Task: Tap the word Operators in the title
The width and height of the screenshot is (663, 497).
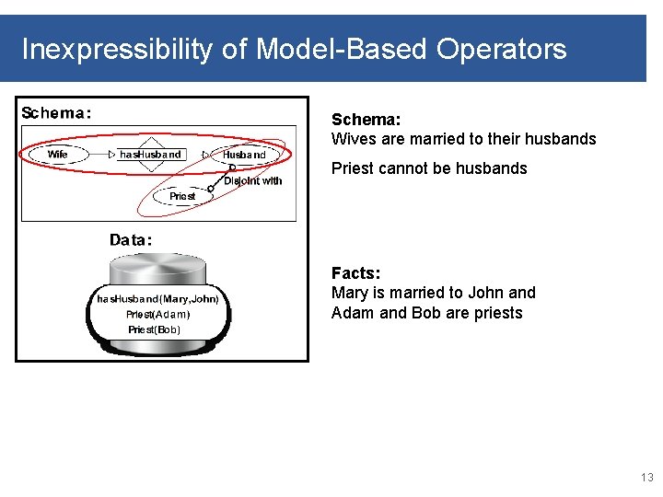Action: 502,49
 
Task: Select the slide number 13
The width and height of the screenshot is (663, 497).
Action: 646,477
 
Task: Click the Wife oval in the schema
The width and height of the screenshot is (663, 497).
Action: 58,155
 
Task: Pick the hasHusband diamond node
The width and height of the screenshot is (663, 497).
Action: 150,155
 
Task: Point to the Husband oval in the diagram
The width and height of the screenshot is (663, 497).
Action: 244,156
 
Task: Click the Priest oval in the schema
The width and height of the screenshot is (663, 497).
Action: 182,196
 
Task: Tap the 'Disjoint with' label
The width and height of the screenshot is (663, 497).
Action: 252,180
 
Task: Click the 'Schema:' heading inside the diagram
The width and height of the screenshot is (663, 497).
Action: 56,113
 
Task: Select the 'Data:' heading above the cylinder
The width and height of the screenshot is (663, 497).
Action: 131,240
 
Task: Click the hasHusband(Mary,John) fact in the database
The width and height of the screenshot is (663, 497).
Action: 157,299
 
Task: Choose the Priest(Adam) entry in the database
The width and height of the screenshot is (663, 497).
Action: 158,314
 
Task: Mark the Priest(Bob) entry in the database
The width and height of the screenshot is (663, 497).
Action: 154,329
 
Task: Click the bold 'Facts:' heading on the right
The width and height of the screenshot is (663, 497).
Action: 355,273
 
